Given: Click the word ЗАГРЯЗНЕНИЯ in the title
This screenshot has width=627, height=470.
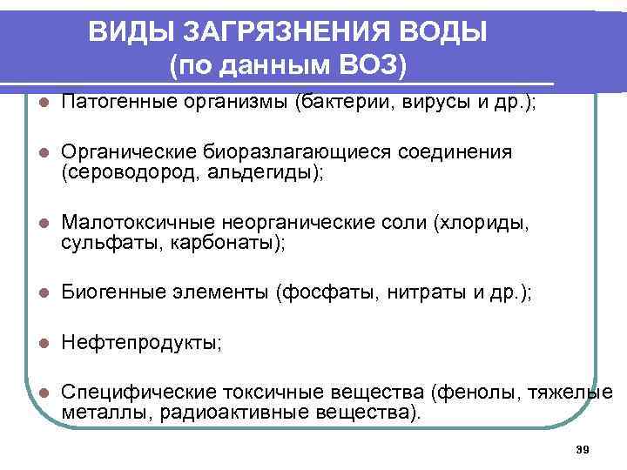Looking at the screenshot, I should click(276, 32).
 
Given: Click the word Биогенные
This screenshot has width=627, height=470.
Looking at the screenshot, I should click(110, 293).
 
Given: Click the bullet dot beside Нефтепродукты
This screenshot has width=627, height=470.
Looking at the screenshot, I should click(43, 344).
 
